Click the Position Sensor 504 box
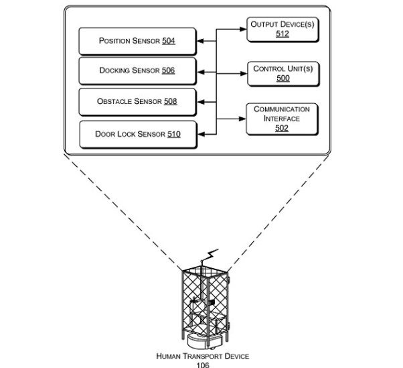pos(137,42)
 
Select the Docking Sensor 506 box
pos(137,70)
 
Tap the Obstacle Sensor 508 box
pos(137,102)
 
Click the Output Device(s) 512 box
pos(282,29)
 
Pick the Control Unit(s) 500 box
pos(282,73)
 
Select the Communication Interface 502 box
pos(282,119)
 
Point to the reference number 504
pos(168,42)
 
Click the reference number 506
pos(168,70)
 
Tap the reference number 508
pos(169,102)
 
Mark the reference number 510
pos(173,134)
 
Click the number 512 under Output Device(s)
pos(282,34)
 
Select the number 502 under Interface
pos(282,128)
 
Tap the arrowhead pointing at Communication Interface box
pos(244,119)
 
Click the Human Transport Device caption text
pos(202,356)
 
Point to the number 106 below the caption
pos(202,365)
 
